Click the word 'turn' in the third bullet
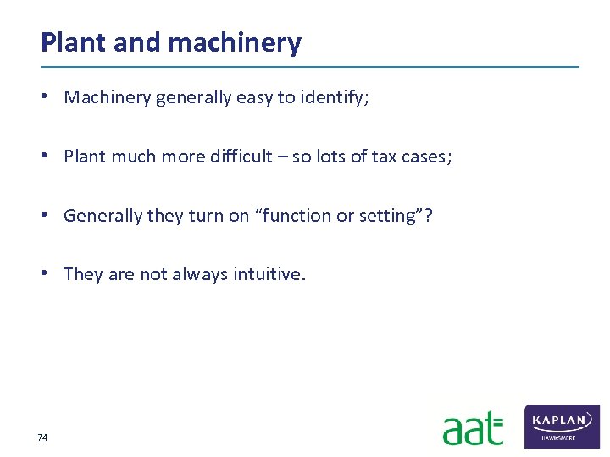[x=205, y=215]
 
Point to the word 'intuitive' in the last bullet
[x=268, y=273]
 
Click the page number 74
[x=43, y=438]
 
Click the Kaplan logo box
[x=563, y=426]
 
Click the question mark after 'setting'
[x=428, y=215]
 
